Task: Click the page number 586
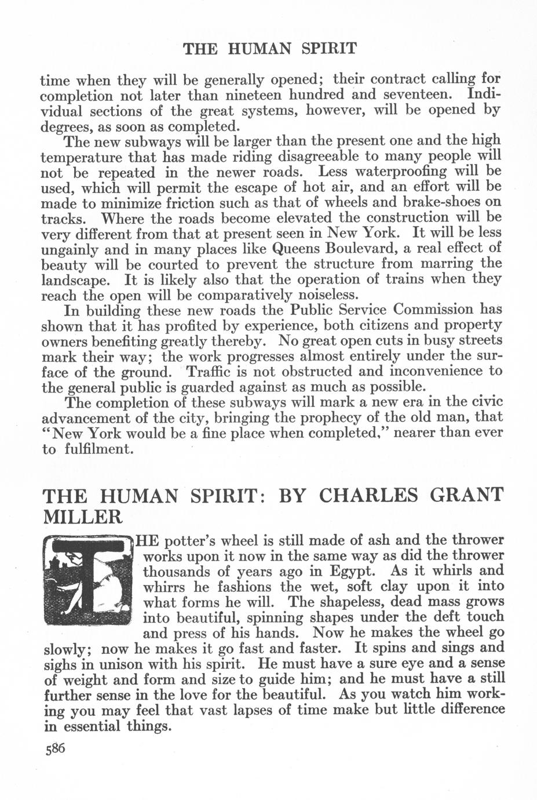56,748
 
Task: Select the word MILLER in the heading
82,516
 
